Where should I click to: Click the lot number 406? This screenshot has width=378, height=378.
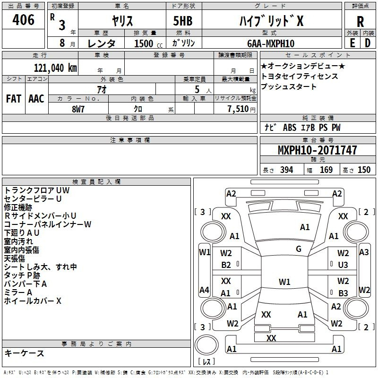23,19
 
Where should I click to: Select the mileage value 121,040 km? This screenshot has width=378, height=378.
55,68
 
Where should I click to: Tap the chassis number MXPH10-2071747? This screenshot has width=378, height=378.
317,150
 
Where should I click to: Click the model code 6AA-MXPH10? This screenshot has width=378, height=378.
271,43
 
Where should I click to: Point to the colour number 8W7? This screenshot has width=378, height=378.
78,109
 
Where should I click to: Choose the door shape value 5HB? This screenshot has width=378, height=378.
183,21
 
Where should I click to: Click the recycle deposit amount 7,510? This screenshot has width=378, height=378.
238,109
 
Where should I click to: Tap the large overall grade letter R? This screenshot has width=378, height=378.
360,22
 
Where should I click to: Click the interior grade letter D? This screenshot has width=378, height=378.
368,43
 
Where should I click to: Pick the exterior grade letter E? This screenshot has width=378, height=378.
352,43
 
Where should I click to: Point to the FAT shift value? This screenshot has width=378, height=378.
14,99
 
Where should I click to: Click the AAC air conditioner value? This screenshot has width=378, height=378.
36,99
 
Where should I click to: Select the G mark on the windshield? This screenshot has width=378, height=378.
299,249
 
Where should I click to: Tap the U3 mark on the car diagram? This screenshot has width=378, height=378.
343,265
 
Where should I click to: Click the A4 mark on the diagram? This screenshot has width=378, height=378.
204,290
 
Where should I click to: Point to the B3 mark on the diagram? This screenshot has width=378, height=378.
343,293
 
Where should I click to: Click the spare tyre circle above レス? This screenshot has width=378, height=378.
206,345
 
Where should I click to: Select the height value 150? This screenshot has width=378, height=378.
364,170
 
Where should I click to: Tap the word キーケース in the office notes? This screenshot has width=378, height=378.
24,353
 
